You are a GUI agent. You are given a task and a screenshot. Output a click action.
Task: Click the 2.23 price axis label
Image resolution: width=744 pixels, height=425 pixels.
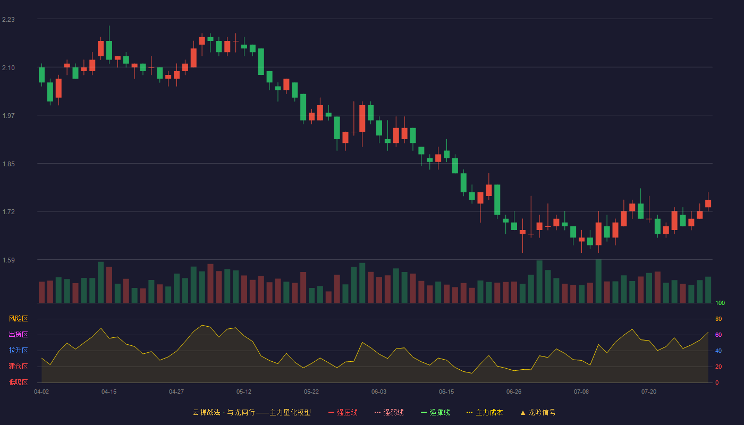9,20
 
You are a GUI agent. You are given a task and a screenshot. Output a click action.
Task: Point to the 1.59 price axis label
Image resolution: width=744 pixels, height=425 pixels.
9,260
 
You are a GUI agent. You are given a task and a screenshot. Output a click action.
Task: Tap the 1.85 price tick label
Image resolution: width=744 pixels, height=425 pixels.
9,164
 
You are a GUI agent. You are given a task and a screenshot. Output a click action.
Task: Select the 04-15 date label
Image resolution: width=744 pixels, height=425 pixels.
109,392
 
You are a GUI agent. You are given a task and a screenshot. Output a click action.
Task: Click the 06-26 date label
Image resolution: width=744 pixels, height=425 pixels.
514,392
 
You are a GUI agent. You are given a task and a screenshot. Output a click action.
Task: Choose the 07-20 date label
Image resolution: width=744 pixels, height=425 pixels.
649,392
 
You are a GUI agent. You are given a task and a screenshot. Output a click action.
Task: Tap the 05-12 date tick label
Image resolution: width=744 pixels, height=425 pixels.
244,392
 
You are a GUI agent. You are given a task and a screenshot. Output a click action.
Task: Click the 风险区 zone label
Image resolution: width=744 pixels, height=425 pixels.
18,319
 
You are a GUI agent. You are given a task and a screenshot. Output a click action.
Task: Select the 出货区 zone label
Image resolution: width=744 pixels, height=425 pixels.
18,334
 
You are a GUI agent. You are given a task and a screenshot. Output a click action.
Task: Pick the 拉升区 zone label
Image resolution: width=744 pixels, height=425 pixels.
18,350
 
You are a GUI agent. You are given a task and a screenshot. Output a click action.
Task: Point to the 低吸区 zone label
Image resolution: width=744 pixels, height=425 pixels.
18,382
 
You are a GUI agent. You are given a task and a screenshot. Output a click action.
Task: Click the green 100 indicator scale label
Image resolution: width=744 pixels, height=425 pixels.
720,303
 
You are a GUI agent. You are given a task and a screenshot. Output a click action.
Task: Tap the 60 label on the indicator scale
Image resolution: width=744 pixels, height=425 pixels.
718,335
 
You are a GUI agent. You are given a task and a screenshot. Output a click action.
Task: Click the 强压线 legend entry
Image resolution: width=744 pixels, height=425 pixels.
343,412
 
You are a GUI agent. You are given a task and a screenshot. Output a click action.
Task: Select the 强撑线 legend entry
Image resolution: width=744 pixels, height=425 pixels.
435,412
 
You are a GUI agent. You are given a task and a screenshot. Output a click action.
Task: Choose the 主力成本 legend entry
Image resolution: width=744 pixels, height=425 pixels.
485,412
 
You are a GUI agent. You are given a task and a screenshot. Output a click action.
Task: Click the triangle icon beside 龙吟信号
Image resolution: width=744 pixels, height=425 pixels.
523,413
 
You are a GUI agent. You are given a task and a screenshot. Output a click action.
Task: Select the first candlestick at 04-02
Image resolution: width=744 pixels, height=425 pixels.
41,75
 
